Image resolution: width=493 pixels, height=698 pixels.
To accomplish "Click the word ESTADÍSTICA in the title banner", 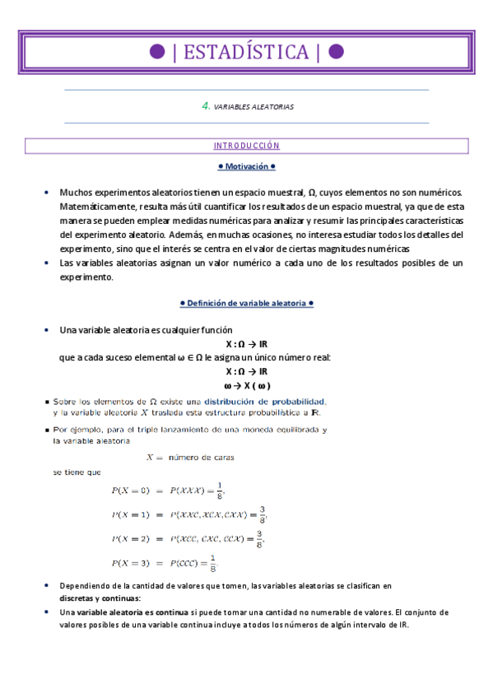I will pos(246,53).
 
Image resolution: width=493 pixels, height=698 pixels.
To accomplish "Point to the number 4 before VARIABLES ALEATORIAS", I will pos(205,106).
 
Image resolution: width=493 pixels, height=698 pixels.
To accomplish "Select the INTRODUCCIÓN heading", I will pos(246,146).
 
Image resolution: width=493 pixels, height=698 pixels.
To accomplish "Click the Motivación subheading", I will pos(246,166).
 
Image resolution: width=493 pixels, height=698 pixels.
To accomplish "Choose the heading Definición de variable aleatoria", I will pos(246,303).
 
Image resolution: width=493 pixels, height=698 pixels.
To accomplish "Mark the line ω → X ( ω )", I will pos(246,385).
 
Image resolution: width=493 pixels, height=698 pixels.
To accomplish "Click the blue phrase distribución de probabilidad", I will pos(271,401).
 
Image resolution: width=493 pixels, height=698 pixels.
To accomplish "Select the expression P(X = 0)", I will pos(131,491).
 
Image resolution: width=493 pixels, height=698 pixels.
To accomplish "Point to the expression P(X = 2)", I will pos(131,539).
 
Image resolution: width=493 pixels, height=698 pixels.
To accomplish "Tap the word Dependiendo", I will pos(84,585).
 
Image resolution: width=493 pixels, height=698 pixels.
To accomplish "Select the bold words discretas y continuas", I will pos(100,598).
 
